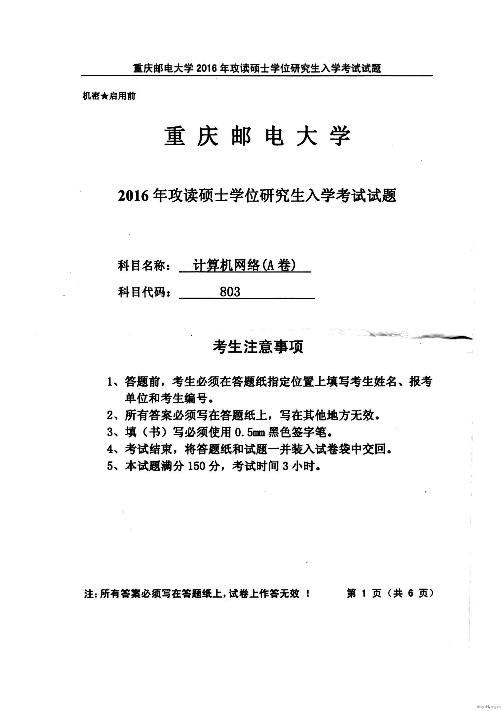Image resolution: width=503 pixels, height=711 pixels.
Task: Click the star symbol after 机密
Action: pyautogui.click(x=104, y=96)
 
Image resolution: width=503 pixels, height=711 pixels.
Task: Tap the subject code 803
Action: pyautogui.click(x=230, y=292)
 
